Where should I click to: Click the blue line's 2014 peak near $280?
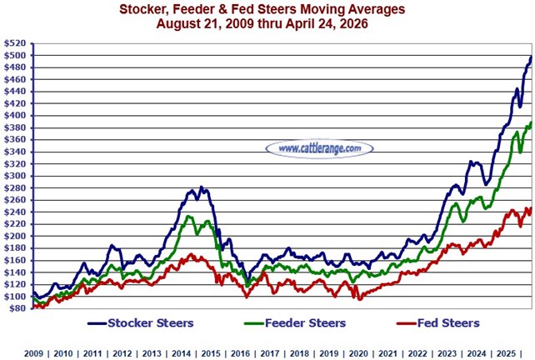coord(202,187)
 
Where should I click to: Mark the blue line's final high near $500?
coord(531,57)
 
